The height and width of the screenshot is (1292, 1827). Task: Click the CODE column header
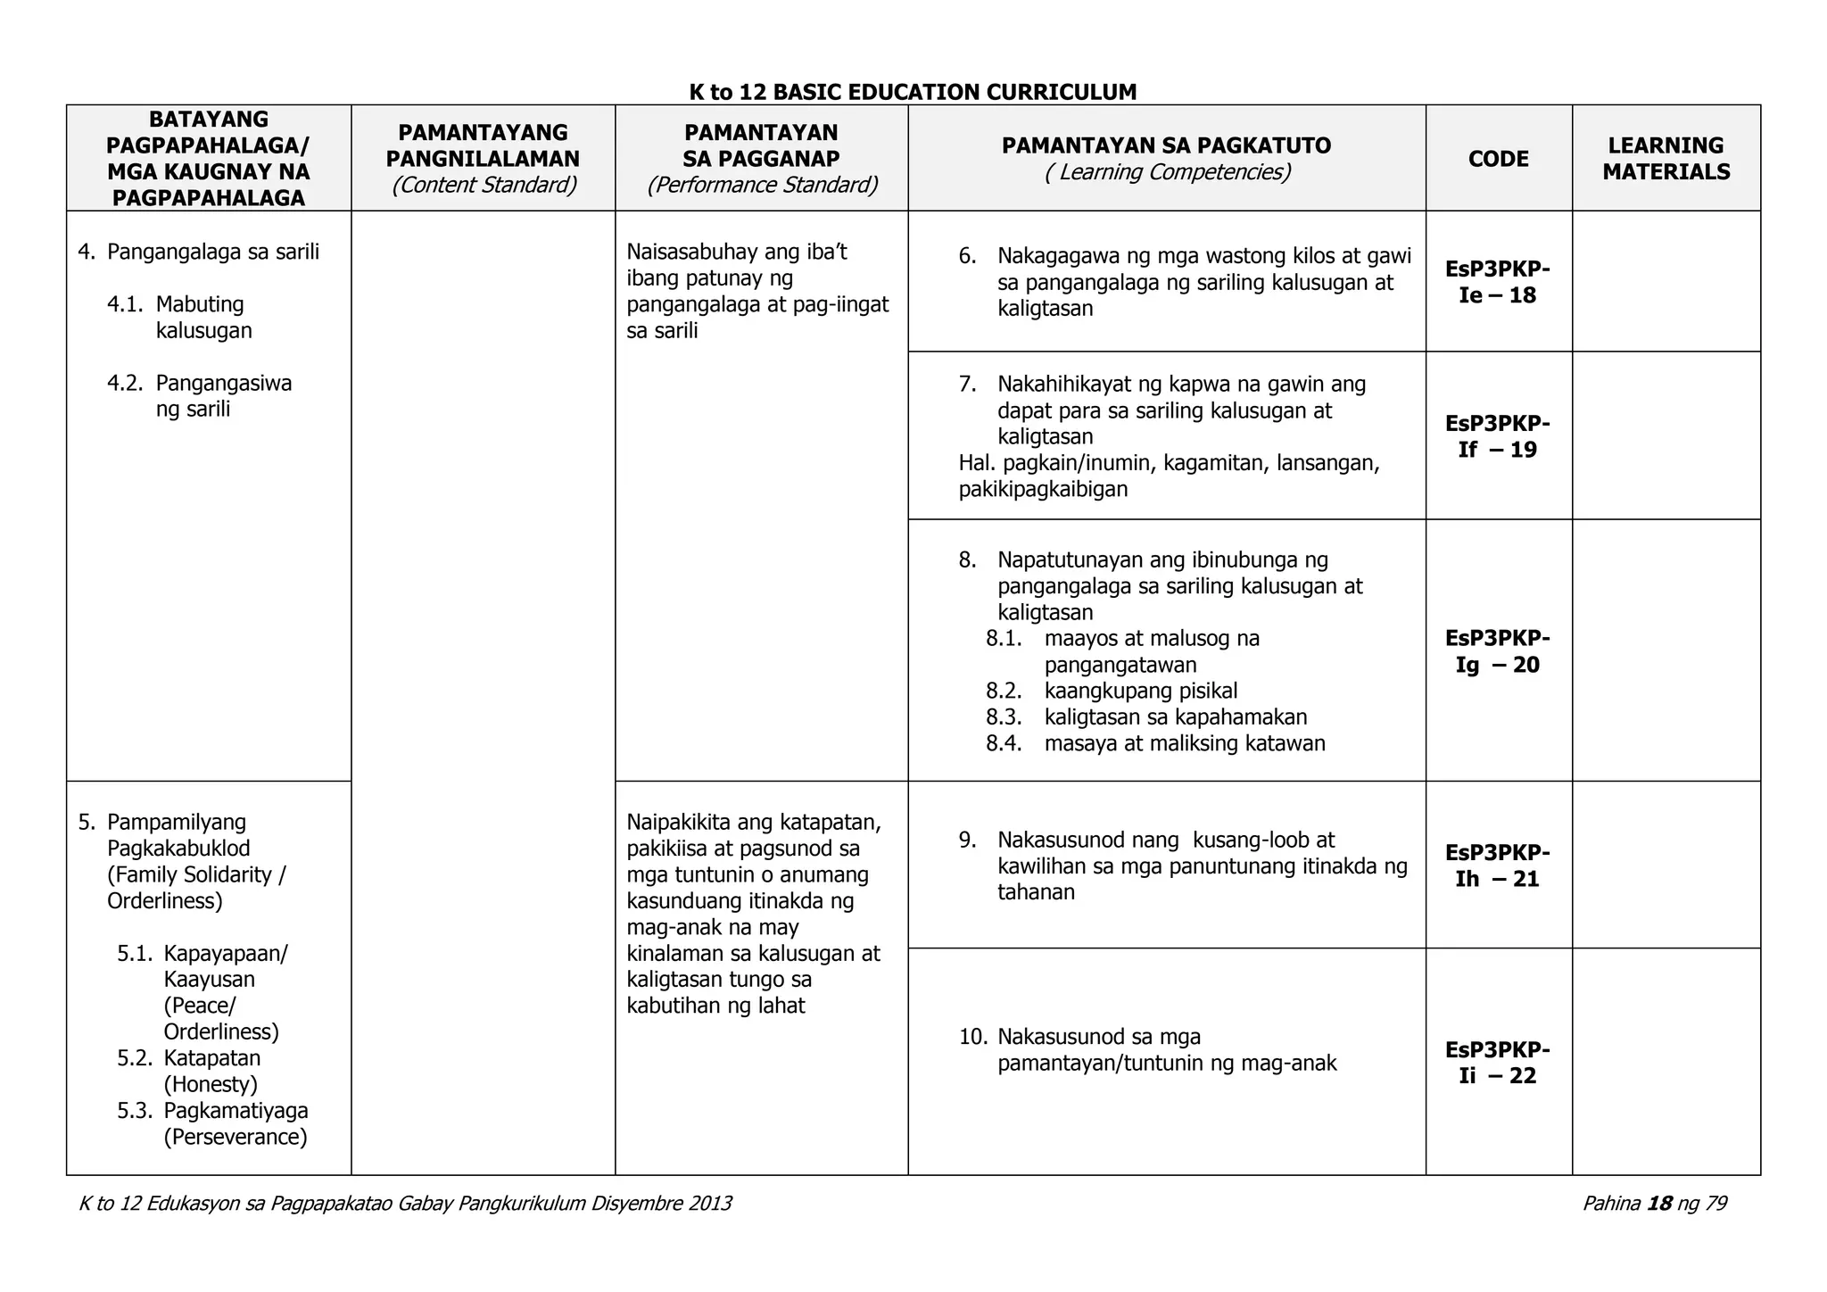pyautogui.click(x=1498, y=159)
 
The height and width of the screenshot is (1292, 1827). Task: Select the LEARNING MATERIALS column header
pyautogui.click(x=1666, y=159)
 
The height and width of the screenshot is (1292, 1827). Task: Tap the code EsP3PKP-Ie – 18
pyautogui.click(x=1498, y=282)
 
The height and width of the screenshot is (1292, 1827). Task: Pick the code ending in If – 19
pyautogui.click(x=1498, y=436)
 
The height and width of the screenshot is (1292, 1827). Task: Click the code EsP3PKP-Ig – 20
pyautogui.click(x=1498, y=651)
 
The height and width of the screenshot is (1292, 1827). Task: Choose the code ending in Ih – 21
pyautogui.click(x=1498, y=865)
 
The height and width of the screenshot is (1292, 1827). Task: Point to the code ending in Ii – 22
pyautogui.click(x=1498, y=1062)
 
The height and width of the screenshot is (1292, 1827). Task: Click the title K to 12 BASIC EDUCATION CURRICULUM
pyautogui.click(x=913, y=92)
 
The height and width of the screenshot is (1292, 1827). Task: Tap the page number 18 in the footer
pyautogui.click(x=1659, y=1204)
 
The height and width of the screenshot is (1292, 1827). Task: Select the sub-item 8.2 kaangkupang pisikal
pyautogui.click(x=1140, y=691)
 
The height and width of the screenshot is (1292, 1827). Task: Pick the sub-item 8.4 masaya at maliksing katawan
pyautogui.click(x=1184, y=743)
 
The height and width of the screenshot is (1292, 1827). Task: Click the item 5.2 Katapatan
pyautogui.click(x=211, y=1059)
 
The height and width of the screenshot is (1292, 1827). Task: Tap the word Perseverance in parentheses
pyautogui.click(x=236, y=1138)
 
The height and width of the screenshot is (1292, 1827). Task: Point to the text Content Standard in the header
pyautogui.click(x=484, y=185)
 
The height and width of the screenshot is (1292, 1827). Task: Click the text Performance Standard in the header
pyautogui.click(x=762, y=185)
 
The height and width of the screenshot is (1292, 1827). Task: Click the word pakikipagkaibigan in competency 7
pyautogui.click(x=1043, y=489)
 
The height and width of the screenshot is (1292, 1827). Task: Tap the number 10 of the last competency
pyautogui.click(x=972, y=1037)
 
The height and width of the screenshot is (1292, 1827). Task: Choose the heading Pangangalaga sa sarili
pyautogui.click(x=212, y=252)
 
